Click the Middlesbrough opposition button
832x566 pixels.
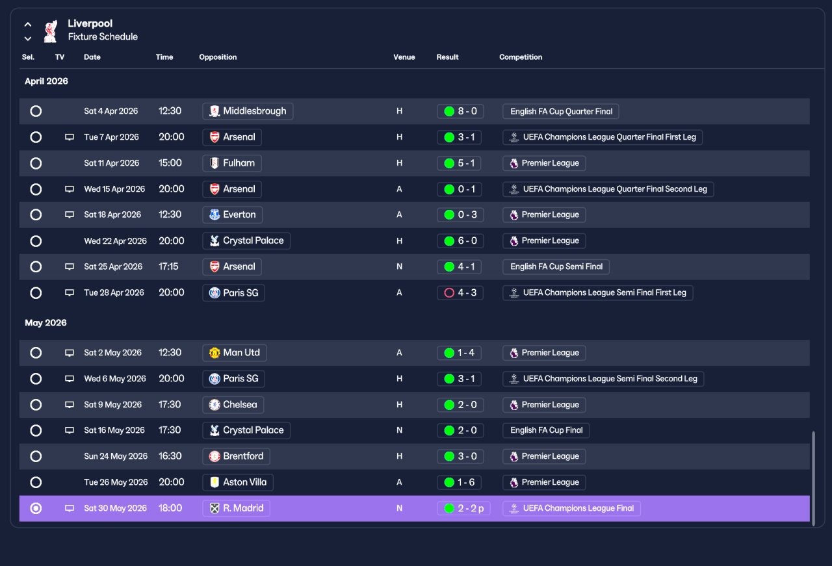click(x=248, y=111)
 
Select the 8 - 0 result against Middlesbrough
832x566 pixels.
click(x=460, y=111)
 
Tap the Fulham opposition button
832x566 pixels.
click(x=232, y=163)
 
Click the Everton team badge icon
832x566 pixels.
click(x=214, y=214)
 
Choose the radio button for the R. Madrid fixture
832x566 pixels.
click(x=36, y=508)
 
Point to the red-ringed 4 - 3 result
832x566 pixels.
click(x=460, y=292)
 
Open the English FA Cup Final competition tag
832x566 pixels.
click(x=546, y=430)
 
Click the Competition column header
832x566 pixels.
click(x=521, y=57)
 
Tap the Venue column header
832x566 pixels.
click(x=404, y=57)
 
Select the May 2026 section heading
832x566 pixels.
click(x=45, y=323)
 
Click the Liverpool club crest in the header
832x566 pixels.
click(x=51, y=31)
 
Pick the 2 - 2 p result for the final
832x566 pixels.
click(x=463, y=508)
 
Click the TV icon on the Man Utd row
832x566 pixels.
click(x=70, y=352)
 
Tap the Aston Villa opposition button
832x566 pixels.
click(x=238, y=482)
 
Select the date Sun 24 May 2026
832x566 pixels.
click(x=116, y=456)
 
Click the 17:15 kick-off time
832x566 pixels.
click(x=168, y=266)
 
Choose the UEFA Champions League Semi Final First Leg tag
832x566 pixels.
click(x=597, y=292)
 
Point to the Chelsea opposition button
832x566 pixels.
click(x=233, y=404)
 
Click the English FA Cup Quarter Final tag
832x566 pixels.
click(x=560, y=111)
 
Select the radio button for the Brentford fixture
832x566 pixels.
click(x=36, y=456)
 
